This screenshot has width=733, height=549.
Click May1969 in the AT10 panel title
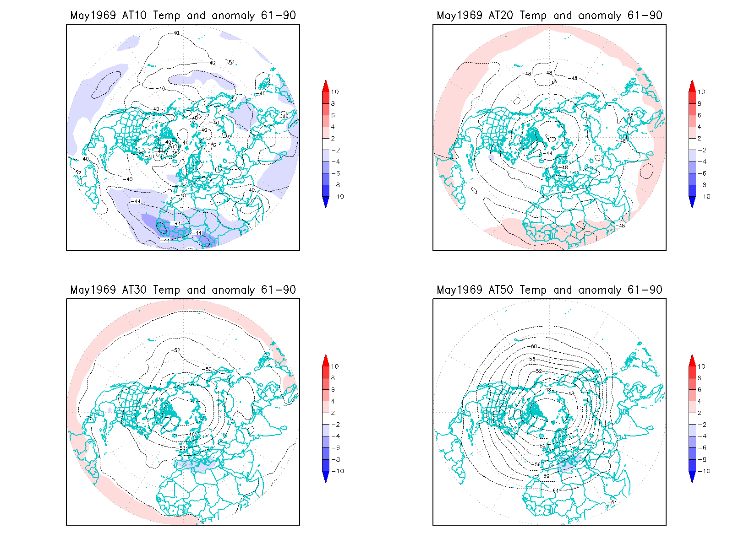(93, 16)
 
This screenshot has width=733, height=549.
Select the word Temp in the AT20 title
(533, 16)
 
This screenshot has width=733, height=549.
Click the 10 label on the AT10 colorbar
(335, 92)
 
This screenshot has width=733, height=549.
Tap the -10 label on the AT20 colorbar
(705, 197)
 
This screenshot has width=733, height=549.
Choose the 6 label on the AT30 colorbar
(333, 390)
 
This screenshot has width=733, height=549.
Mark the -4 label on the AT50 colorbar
(702, 436)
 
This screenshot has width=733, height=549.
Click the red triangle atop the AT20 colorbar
(692, 86)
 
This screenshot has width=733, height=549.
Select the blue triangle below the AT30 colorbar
(326, 477)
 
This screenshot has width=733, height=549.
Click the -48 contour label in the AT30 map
(191, 434)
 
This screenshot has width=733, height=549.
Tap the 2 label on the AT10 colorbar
(333, 139)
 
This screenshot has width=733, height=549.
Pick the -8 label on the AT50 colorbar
(702, 460)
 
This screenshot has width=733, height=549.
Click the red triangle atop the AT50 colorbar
(692, 361)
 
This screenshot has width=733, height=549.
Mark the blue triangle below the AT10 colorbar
(326, 202)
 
